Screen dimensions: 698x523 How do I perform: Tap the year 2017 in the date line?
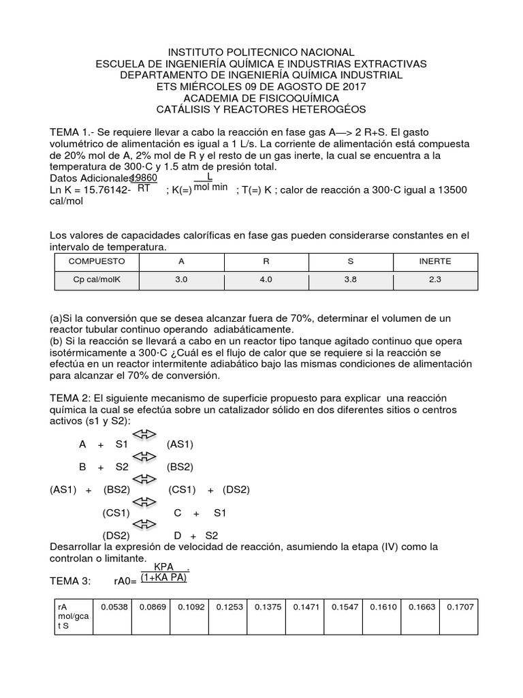point(351,87)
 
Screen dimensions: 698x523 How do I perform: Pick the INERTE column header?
point(434,261)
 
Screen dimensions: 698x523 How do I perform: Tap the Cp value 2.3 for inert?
point(434,279)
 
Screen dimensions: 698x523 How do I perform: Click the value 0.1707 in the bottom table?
point(459,606)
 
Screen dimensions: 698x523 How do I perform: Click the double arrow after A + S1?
point(144,434)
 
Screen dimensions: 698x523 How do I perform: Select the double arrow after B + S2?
point(144,457)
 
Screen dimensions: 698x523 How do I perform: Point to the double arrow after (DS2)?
point(144,525)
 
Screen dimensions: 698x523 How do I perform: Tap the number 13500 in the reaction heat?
point(447,189)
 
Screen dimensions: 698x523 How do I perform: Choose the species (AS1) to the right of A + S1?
point(180,444)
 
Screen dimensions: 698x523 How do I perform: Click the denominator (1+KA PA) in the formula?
point(163,578)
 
